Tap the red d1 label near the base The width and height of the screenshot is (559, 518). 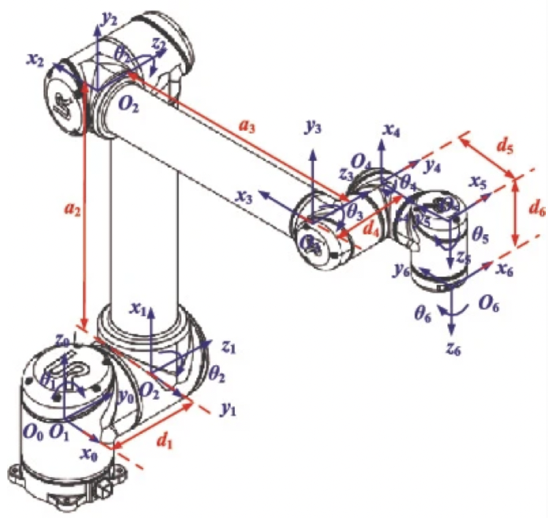164,443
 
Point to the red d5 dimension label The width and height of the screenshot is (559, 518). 505,146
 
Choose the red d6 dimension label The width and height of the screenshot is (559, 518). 537,209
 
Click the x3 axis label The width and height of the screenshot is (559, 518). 244,197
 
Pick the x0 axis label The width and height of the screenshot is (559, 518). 89,455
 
